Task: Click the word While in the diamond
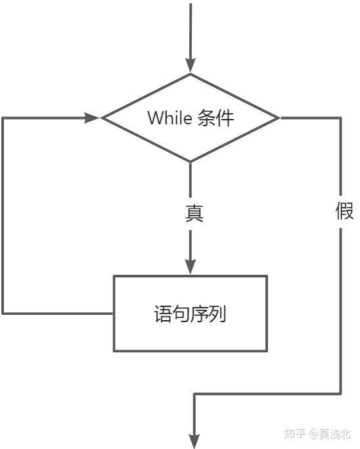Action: tap(169, 118)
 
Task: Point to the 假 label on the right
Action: tap(344, 212)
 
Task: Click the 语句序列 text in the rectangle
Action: tap(190, 314)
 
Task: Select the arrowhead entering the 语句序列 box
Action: tap(191, 266)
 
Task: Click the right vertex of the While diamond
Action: tap(280, 118)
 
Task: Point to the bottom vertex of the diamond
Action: tap(191, 162)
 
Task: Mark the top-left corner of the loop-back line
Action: tap(3, 118)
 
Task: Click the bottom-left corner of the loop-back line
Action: tap(3, 313)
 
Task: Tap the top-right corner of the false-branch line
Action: tap(341, 118)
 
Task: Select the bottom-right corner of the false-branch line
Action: tap(341, 394)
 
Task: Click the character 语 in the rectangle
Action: tap(162, 314)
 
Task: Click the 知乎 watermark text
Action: tap(295, 433)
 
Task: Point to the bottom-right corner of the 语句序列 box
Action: tap(267, 351)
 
